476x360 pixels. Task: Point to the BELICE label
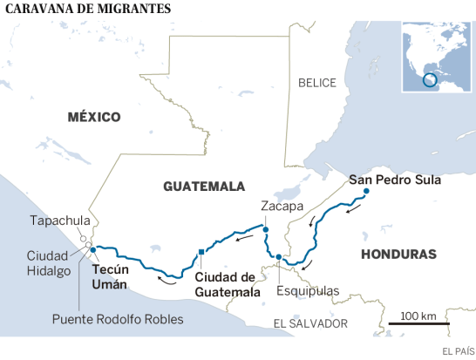316,83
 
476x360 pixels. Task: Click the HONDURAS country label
397,255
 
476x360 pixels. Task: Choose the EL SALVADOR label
310,323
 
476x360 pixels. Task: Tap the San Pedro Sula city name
395,180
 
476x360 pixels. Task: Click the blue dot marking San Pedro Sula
366,192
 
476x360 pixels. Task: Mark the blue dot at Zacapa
266,230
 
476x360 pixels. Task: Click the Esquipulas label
306,291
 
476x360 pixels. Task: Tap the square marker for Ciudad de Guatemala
201,253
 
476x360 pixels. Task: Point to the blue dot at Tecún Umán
92,250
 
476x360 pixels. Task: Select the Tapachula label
59,221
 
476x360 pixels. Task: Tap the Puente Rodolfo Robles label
117,320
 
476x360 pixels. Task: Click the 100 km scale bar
419,324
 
